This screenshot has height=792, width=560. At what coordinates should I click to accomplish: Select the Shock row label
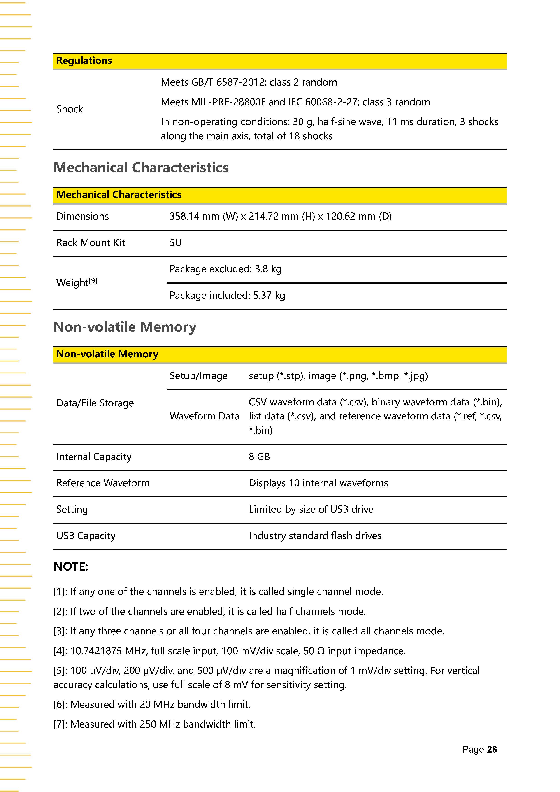coord(70,109)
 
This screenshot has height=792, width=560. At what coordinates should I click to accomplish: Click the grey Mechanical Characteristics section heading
coord(141,168)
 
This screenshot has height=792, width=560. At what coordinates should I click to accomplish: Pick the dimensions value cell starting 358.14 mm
coord(280,216)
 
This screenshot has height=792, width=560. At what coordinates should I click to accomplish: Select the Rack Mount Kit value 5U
coord(176,243)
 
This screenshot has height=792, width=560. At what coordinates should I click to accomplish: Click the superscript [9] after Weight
coord(93,281)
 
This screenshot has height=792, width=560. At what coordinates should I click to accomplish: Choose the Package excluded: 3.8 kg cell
coord(225,269)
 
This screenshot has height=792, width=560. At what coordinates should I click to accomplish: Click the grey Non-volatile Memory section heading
coord(125,327)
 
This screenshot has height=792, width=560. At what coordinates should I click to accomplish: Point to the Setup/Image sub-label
coord(198,376)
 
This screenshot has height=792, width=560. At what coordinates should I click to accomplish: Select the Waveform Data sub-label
coord(204,416)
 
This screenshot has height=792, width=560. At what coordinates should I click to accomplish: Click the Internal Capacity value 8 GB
coord(259,457)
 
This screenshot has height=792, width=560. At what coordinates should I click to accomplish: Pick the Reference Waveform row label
coord(103,483)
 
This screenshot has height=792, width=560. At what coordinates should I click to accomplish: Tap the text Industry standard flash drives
coord(315,536)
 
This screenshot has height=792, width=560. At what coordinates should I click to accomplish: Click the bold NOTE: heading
coord(71,567)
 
